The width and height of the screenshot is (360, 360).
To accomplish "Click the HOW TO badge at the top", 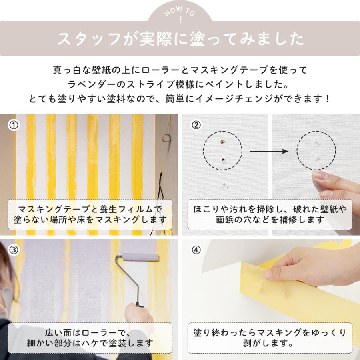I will point(180,15).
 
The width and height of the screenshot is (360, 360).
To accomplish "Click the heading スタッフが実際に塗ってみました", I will point(180,39).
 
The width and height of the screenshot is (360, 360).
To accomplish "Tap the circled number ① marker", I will point(14,125).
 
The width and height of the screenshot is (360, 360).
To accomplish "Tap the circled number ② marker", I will point(196,125).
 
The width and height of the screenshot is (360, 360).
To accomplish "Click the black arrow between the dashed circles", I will point(269,151).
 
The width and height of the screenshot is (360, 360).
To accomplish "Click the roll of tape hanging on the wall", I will point(166,138).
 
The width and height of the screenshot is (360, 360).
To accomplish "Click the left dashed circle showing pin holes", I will point(223,151).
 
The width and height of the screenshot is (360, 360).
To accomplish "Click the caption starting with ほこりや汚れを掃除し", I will point(270,214).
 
